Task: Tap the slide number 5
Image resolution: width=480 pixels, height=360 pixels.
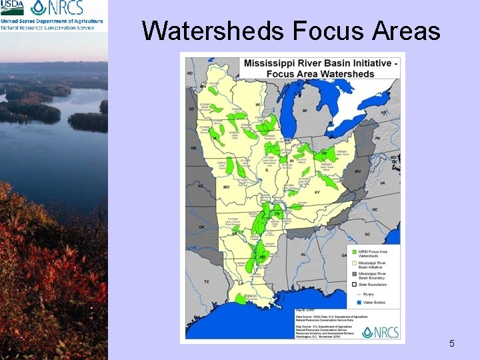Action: tap(452, 343)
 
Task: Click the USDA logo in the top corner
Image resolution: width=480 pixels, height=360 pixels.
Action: tap(13, 7)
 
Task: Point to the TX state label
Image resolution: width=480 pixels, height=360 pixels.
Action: tap(207, 281)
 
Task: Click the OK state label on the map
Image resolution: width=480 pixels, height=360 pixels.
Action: tap(201, 227)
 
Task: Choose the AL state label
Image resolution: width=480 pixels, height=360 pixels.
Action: tap(303, 253)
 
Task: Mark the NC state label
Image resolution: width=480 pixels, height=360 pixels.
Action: tap(375, 209)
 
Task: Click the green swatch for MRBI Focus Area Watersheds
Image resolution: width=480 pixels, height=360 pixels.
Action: tap(353, 253)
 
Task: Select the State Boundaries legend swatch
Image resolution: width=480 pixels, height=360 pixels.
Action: tap(353, 285)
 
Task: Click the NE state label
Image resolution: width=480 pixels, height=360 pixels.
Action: tap(194, 148)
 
